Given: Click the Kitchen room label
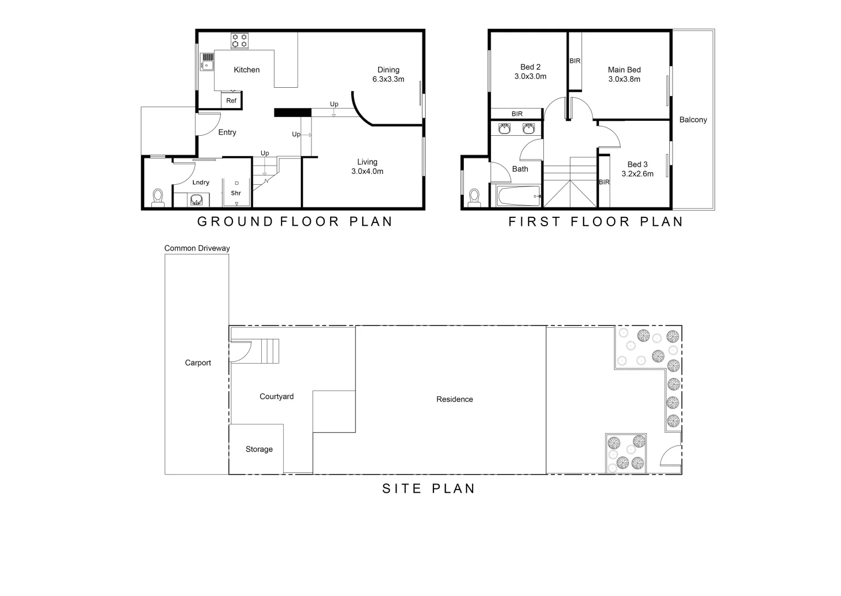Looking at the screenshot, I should pyautogui.click(x=246, y=70).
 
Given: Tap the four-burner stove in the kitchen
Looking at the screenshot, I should pyautogui.click(x=240, y=41).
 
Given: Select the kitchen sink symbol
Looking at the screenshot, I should pyautogui.click(x=207, y=62).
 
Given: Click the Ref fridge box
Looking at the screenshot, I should pyautogui.click(x=231, y=100).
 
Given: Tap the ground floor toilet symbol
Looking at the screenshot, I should pyautogui.click(x=158, y=198).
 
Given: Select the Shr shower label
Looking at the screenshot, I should pyautogui.click(x=236, y=193).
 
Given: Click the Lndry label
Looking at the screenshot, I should pyautogui.click(x=201, y=183).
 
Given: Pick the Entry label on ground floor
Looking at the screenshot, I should pyautogui.click(x=227, y=132).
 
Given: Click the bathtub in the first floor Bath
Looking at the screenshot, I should pyautogui.click(x=518, y=196).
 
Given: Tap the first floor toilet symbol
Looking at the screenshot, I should pyautogui.click(x=474, y=197).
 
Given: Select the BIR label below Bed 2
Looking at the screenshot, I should pyautogui.click(x=517, y=114).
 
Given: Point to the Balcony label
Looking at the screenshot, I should pyautogui.click(x=693, y=120).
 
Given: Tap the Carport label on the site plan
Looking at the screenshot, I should pyautogui.click(x=198, y=363).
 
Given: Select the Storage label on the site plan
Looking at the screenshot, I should pyautogui.click(x=259, y=449).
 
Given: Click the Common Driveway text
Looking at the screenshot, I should pyautogui.click(x=197, y=248).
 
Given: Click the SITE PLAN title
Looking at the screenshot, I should pyautogui.click(x=429, y=488).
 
